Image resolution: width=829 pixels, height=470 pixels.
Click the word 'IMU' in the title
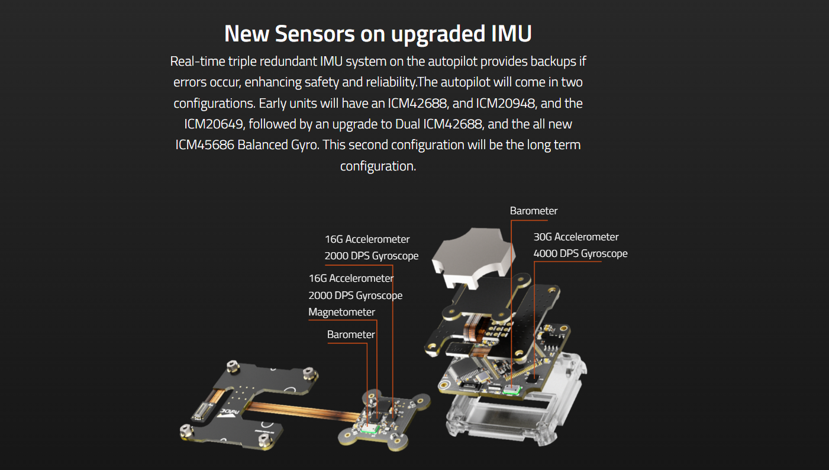(x=511, y=34)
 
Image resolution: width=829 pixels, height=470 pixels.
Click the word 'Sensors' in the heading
(x=315, y=34)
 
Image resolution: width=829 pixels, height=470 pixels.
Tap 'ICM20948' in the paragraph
(x=505, y=103)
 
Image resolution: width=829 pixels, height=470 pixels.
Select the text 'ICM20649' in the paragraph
(x=214, y=124)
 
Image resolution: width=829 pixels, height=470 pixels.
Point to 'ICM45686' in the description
(x=205, y=145)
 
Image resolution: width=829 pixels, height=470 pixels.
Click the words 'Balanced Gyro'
(x=278, y=145)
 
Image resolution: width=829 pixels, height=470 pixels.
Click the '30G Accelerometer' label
(x=576, y=237)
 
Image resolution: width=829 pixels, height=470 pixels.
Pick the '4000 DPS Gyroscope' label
(x=580, y=253)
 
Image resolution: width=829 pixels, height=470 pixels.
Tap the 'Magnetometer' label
(x=341, y=312)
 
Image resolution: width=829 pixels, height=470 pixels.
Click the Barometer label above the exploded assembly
(x=534, y=211)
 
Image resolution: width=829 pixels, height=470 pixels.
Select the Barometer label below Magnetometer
(x=351, y=334)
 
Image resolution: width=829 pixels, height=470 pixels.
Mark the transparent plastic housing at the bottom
(x=514, y=404)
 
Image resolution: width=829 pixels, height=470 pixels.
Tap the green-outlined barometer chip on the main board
(x=512, y=389)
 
